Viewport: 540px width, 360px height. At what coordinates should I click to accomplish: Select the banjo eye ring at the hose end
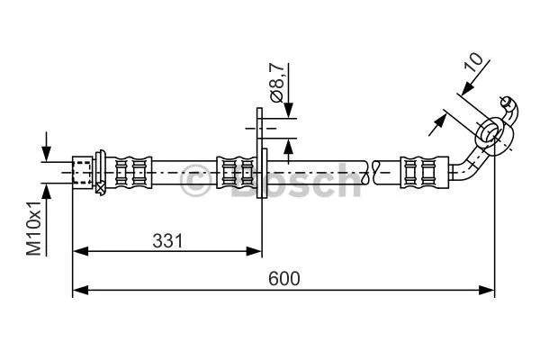coord(490,132)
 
